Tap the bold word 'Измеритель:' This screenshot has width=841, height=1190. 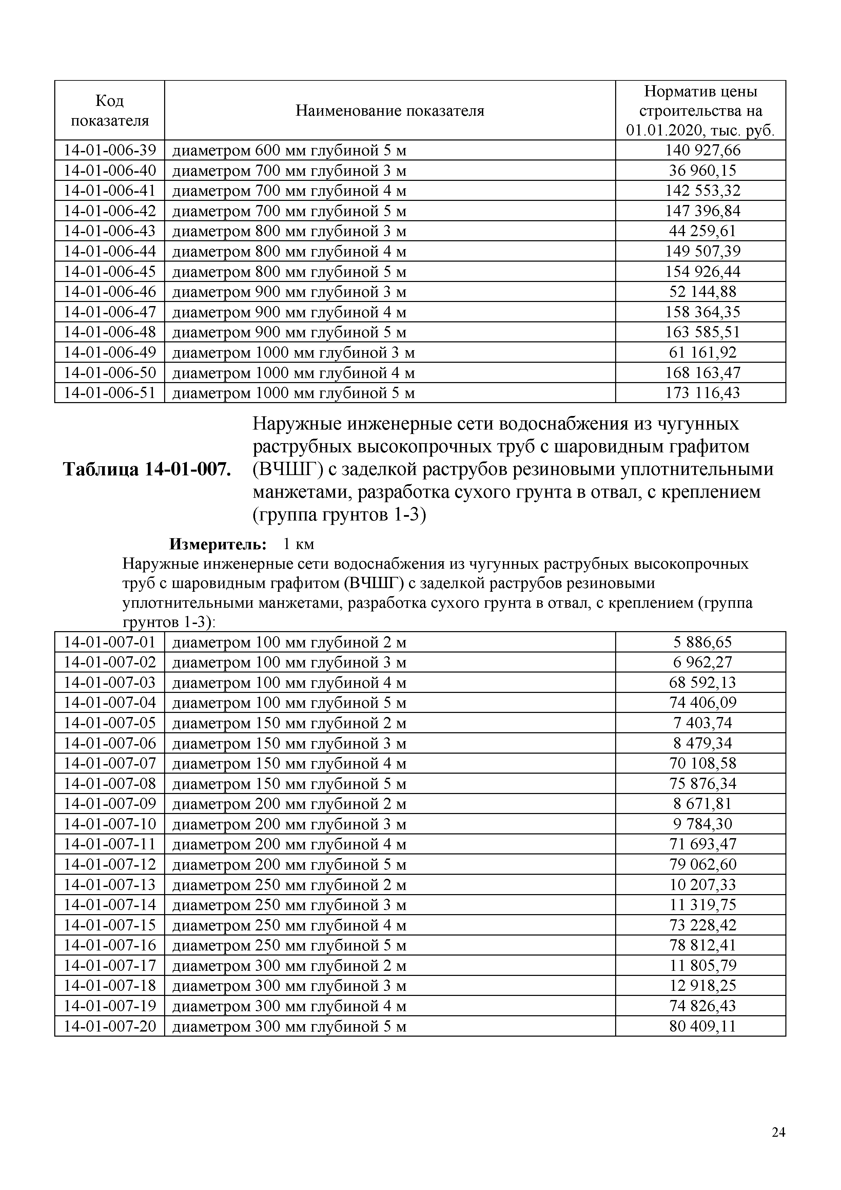tap(218, 544)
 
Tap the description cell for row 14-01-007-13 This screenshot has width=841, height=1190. tap(289, 885)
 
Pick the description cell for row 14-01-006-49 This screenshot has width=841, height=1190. tap(293, 353)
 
